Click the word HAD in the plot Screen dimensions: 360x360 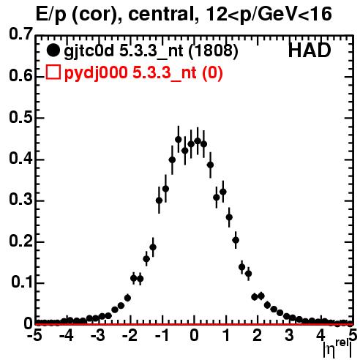point(310,50)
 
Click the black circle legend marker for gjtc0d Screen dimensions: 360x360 point(53,50)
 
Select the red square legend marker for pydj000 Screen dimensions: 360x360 point(53,72)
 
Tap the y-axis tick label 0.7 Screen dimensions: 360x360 point(21,34)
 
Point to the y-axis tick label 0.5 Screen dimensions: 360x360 point(21,118)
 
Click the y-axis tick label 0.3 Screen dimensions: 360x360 point(21,200)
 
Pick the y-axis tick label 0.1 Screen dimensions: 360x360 point(22,282)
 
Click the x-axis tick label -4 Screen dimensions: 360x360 point(67,335)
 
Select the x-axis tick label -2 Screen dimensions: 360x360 point(130,335)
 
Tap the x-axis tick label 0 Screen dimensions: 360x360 point(194,335)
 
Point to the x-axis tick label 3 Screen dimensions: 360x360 point(289,335)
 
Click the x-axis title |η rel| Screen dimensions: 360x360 point(337,349)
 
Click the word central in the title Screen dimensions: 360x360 point(162,14)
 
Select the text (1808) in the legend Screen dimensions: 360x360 point(213,51)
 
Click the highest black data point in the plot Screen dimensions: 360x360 point(179,140)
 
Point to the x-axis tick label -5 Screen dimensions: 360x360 point(34,335)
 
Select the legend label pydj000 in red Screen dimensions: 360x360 point(96,73)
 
